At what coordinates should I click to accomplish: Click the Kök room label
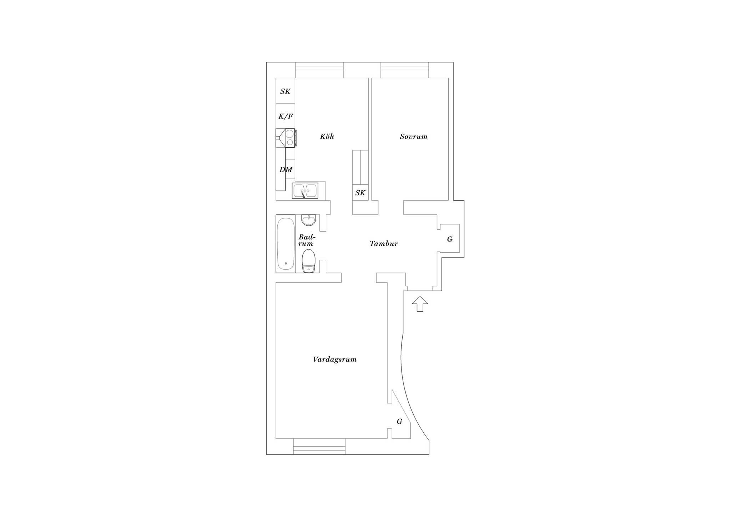tap(327, 136)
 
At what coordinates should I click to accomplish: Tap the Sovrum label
tap(414, 136)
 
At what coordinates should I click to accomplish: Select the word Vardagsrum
tap(335, 360)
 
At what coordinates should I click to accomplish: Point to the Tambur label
tap(384, 244)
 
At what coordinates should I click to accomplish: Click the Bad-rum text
tap(307, 240)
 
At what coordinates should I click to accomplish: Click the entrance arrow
tap(420, 304)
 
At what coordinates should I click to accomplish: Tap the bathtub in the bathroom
tap(286, 244)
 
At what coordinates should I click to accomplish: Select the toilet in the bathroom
tap(309, 261)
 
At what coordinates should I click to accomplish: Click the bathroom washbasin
tap(309, 220)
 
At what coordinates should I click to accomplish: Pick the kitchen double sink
tap(305, 191)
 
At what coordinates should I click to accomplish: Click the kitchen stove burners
tap(289, 138)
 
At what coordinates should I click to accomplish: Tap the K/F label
tap(286, 116)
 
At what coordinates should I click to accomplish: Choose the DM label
tap(286, 170)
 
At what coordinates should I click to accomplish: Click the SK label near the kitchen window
tap(286, 91)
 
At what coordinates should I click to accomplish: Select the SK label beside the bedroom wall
tap(361, 193)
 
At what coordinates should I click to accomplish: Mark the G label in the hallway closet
tap(450, 239)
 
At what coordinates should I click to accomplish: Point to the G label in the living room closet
tap(399, 422)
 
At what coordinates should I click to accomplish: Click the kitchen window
tap(319, 70)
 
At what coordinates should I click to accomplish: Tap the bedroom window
tap(405, 70)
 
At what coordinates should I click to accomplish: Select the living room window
tap(319, 446)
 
